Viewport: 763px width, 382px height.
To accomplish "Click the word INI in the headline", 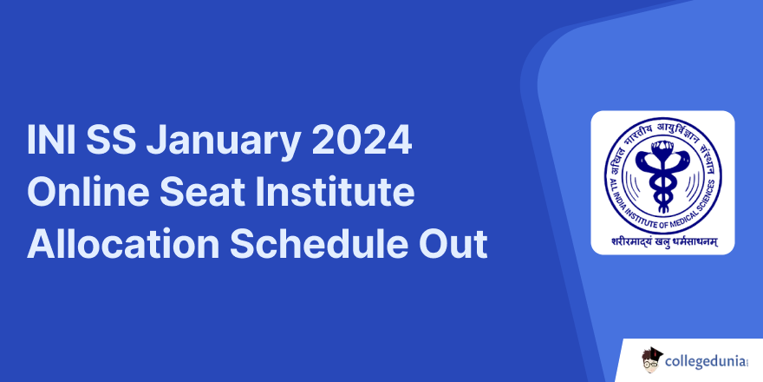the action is point(51,141).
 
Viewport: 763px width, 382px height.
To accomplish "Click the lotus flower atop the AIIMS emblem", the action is point(663,148).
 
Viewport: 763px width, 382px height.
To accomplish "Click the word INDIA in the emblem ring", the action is point(616,192).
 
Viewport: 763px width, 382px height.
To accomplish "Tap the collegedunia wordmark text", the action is point(707,362).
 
